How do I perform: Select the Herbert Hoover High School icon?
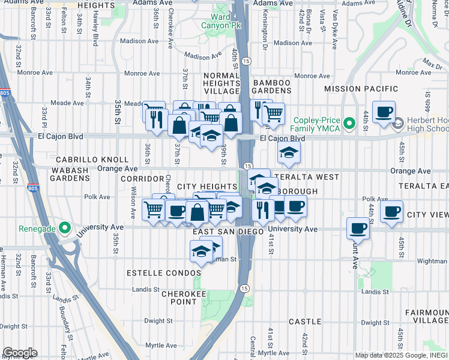click(397, 124)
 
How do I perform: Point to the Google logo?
click(20, 352)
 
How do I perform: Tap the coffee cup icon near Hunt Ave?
click(358, 229)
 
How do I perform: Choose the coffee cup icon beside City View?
click(391, 211)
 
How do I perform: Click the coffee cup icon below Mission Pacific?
click(383, 112)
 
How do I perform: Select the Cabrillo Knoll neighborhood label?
click(92, 160)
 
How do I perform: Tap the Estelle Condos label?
click(163, 272)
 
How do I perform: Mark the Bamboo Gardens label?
click(272, 86)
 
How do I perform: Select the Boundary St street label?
click(62, 325)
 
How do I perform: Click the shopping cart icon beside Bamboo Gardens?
click(274, 113)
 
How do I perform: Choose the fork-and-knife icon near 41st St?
click(262, 210)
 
